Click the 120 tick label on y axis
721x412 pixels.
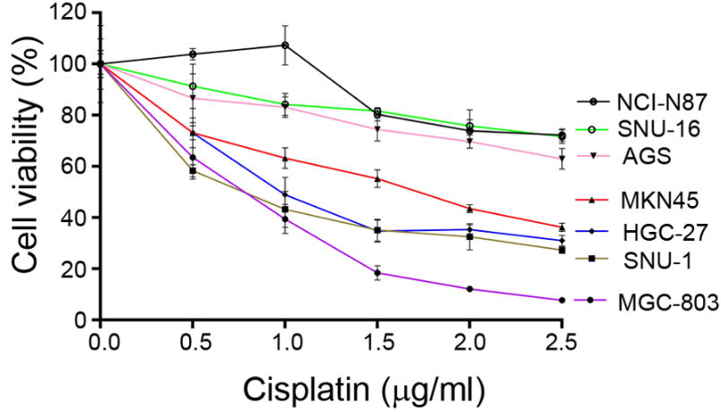coord(70,13)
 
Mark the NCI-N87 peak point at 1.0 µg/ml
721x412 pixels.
coord(285,45)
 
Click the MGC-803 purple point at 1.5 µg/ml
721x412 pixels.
coord(378,273)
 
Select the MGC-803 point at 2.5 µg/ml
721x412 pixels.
coord(561,300)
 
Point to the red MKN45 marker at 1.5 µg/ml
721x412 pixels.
coord(378,179)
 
